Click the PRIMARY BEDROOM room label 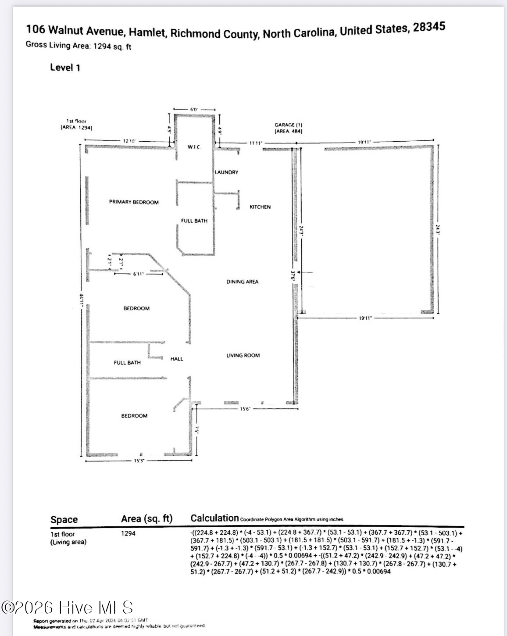point(134,202)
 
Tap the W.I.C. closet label point(194,147)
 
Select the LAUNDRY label point(226,172)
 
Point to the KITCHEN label point(260,207)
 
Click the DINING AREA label point(242,282)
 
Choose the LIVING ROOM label point(243,355)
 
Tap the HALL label point(177,359)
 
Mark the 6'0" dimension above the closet point(194,110)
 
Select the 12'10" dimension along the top point(129,141)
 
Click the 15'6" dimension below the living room point(245,409)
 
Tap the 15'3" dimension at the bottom point(139,461)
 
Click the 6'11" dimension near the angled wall point(139,274)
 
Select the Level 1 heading point(65,68)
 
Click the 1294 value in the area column point(129,533)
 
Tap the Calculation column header point(214,518)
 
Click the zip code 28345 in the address point(429,27)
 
